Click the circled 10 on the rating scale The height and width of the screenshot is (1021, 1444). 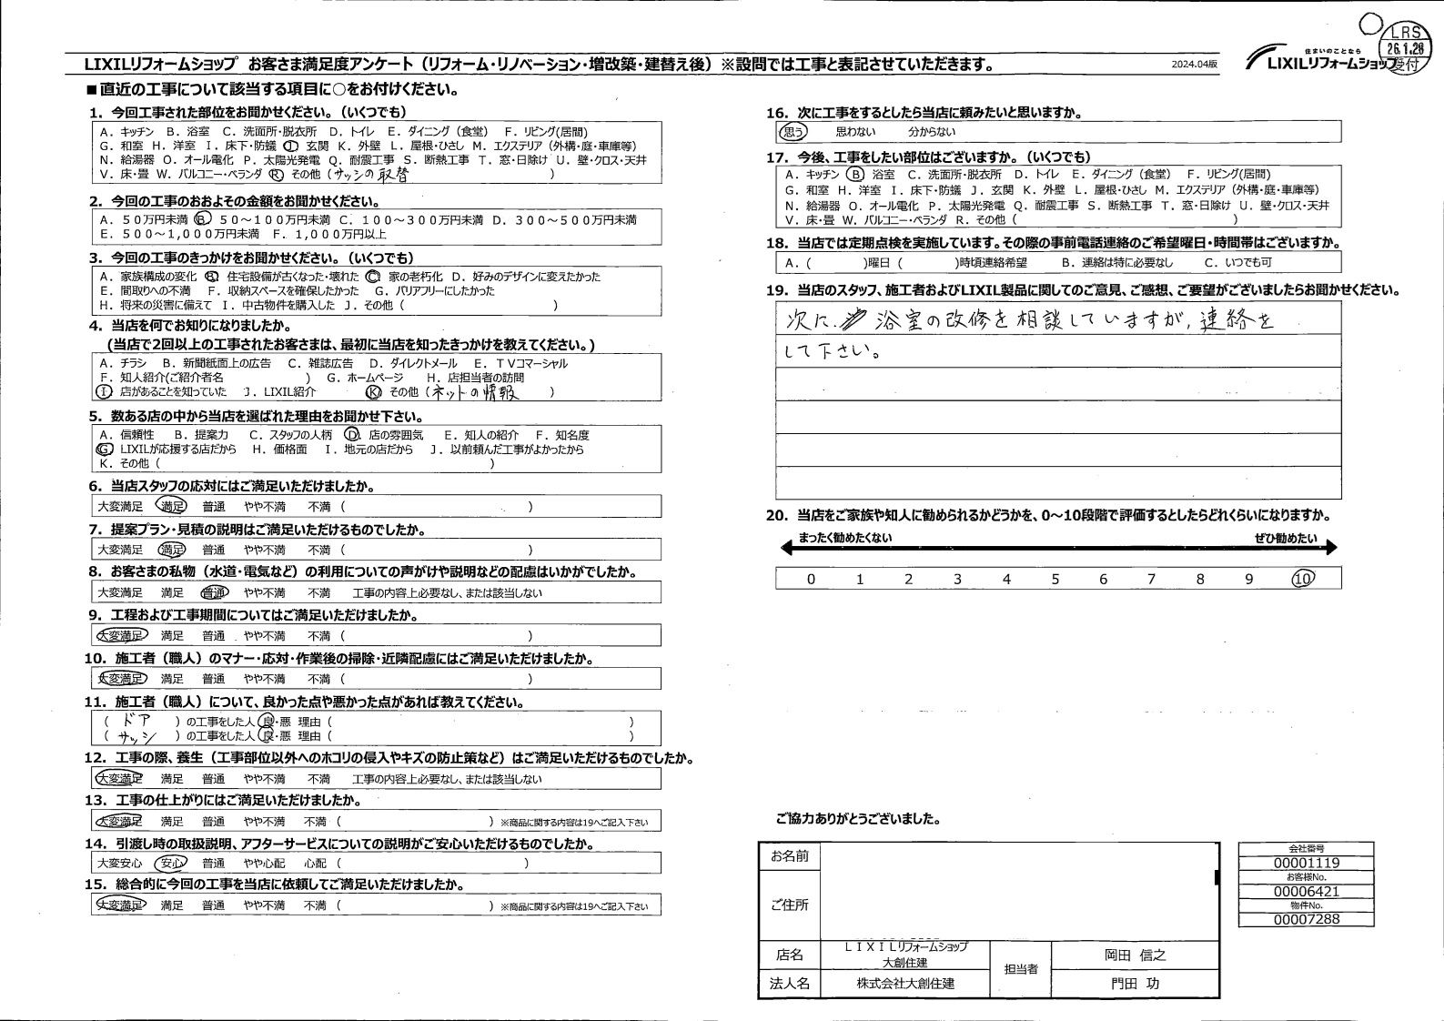pyautogui.click(x=1303, y=579)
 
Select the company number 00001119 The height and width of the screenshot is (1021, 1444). pyautogui.click(x=1306, y=863)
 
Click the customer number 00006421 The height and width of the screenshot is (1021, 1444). pyautogui.click(x=1306, y=892)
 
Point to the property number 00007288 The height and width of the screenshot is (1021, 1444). pyautogui.click(x=1306, y=920)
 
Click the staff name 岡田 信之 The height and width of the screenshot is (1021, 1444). pyautogui.click(x=1135, y=955)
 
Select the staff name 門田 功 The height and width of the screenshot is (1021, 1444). pyautogui.click(x=1135, y=984)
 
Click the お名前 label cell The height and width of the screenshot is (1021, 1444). pyautogui.click(x=789, y=856)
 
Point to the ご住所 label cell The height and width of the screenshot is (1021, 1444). pyautogui.click(x=789, y=905)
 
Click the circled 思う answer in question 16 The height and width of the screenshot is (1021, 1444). pyautogui.click(x=792, y=132)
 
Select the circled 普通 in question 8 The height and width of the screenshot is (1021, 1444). pyautogui.click(x=214, y=593)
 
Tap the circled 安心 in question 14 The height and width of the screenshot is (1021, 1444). pyautogui.click(x=171, y=864)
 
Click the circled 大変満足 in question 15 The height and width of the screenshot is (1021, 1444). pyautogui.click(x=120, y=906)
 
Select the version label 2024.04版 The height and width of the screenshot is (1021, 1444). pyautogui.click(x=1194, y=66)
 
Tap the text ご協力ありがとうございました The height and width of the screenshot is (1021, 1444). pyautogui.click(x=858, y=820)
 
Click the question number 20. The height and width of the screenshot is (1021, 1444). pyautogui.click(x=776, y=516)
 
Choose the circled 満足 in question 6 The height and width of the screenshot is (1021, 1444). pyautogui.click(x=171, y=507)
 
